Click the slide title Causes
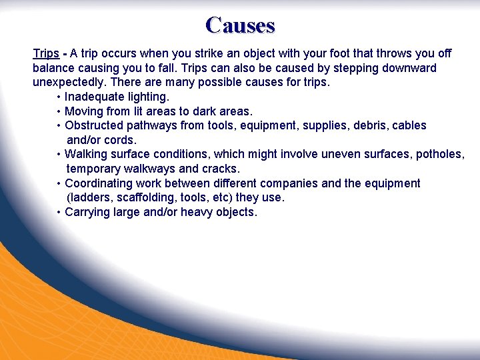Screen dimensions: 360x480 [x=240, y=25]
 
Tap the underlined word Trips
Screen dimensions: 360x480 [x=46, y=53]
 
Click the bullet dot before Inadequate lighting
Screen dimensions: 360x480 [x=59, y=97]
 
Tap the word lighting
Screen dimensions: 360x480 [x=147, y=97]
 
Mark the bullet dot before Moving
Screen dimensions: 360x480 [x=59, y=111]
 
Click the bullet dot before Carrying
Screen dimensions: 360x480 [x=59, y=213]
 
